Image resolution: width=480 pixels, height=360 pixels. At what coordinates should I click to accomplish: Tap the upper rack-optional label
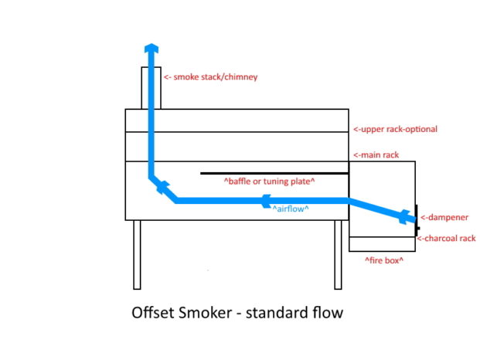click(x=394, y=129)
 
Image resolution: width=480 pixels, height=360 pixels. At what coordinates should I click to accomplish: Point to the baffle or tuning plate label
click(x=268, y=182)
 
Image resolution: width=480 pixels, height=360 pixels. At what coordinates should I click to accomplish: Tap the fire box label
click(x=384, y=261)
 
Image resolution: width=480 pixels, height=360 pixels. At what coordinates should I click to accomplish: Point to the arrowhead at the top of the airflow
click(x=151, y=49)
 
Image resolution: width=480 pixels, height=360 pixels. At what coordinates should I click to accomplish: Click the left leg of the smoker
click(x=138, y=254)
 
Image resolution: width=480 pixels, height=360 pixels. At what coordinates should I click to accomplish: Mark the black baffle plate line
click(x=271, y=173)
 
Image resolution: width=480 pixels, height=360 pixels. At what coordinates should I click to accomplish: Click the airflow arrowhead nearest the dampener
click(x=403, y=217)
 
